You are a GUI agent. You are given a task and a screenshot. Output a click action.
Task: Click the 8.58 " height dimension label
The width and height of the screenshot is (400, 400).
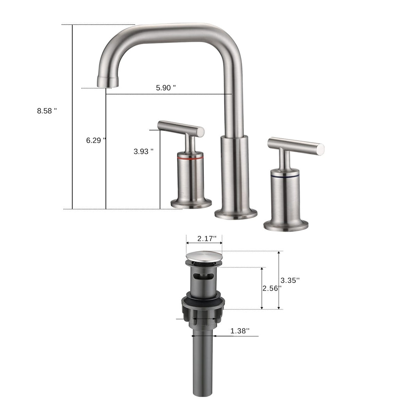[47, 111]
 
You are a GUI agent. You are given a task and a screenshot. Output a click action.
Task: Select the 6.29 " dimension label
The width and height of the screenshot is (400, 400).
[96, 140]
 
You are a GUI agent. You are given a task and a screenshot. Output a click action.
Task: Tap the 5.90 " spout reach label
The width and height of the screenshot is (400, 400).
[166, 88]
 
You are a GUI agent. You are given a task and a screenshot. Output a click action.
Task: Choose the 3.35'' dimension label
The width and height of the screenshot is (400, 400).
[290, 280]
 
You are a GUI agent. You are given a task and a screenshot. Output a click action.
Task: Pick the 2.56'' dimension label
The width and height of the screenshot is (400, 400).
[271, 288]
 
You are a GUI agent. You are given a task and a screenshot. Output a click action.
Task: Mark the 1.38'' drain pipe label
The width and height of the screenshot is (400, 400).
[240, 331]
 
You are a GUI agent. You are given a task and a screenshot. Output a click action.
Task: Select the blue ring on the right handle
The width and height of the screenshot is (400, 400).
[285, 177]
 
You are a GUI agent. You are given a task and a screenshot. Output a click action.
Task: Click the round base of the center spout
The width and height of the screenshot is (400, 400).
[236, 214]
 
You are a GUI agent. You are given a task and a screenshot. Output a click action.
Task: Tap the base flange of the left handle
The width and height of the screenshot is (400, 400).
[191, 203]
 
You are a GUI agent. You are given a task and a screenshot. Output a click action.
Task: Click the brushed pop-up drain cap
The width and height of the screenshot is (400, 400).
[204, 257]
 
